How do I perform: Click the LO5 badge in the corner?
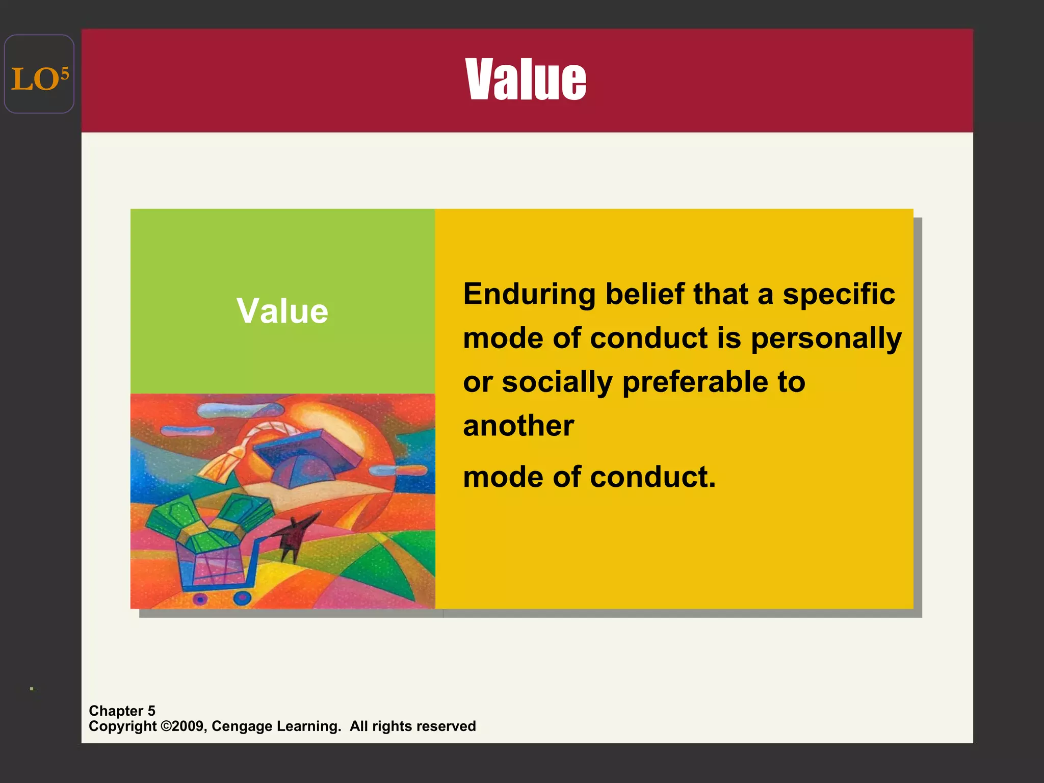click(x=39, y=74)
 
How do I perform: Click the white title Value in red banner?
click(x=526, y=80)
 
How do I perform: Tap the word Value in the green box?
click(x=282, y=311)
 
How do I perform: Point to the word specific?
click(x=839, y=295)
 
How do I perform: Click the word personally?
click(x=826, y=339)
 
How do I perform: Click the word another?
click(x=518, y=426)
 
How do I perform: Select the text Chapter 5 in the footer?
click(x=122, y=711)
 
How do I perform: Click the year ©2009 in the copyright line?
click(x=184, y=726)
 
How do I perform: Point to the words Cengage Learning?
click(x=276, y=726)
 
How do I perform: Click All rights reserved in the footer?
click(x=412, y=726)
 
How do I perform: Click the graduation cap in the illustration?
click(x=306, y=459)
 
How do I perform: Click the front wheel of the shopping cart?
click(x=243, y=597)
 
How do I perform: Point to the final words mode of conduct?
click(x=589, y=477)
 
